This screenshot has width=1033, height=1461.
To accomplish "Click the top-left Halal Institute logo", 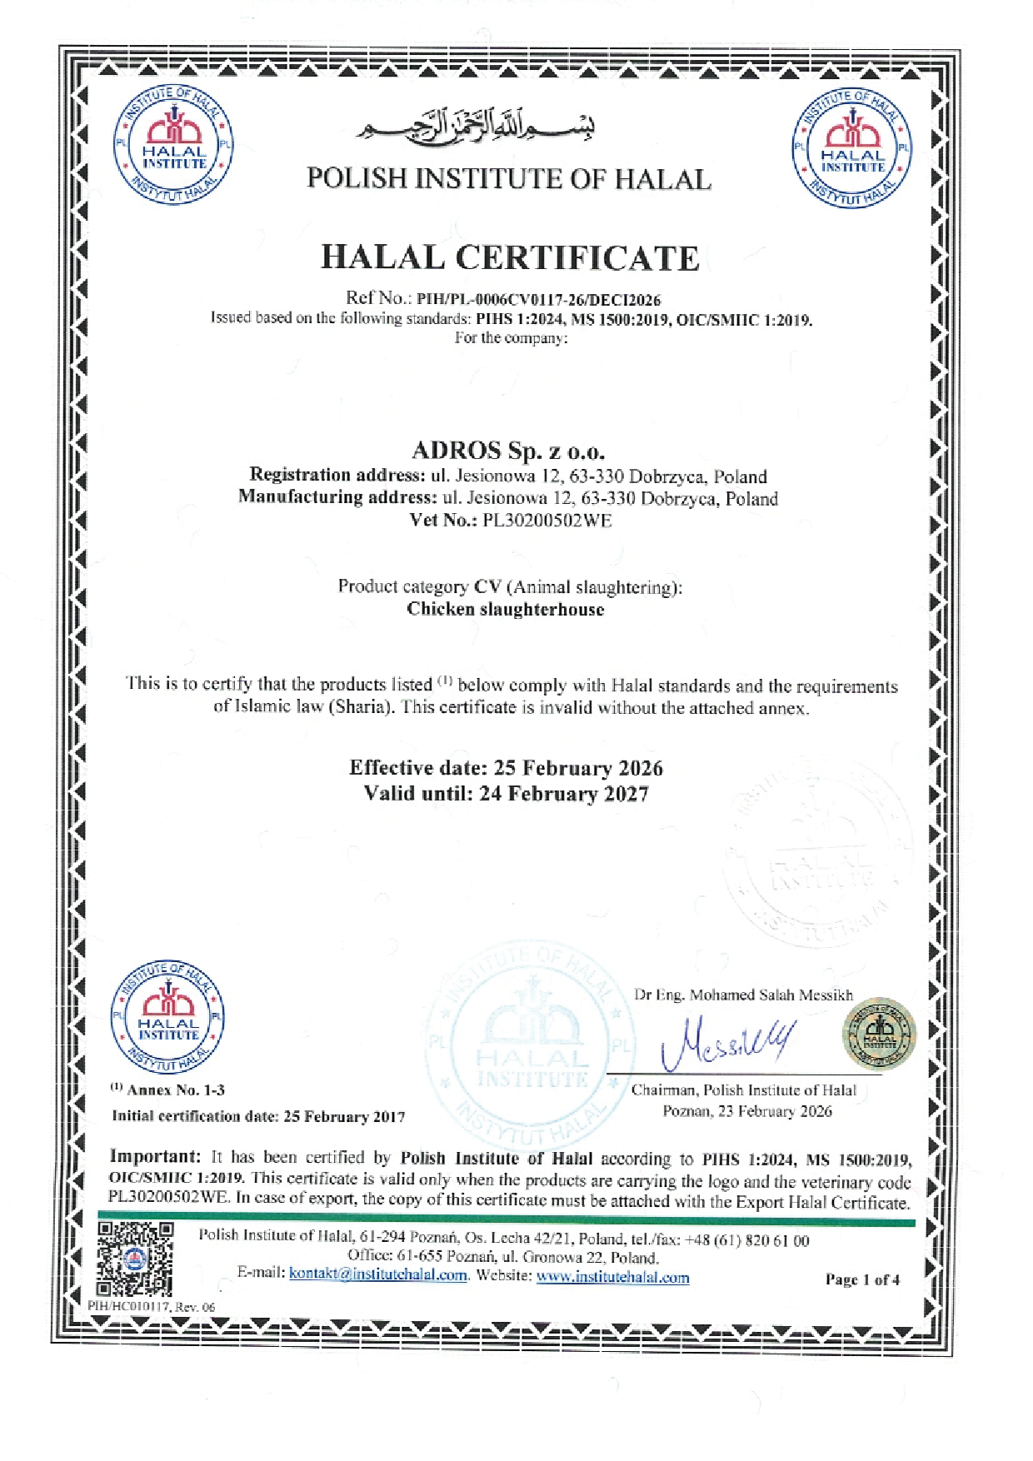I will click(173, 145).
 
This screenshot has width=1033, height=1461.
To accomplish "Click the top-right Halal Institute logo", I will click(852, 148).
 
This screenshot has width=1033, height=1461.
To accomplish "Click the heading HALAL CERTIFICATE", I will click(510, 257).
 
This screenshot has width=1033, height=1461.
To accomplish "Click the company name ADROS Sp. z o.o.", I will click(508, 451).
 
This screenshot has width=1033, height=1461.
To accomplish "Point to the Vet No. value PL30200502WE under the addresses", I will click(547, 521).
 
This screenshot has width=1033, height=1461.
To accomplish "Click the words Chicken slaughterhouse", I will click(506, 609).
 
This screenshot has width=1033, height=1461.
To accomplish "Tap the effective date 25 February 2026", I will click(578, 767).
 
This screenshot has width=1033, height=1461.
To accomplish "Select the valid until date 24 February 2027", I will click(564, 793).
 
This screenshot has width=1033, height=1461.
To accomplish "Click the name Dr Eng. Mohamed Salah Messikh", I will click(743, 995).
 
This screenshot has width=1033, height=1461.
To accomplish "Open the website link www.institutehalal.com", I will click(612, 1277).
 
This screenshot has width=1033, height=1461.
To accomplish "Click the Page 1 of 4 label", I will click(862, 1279).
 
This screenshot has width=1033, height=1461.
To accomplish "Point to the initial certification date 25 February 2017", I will click(344, 1116).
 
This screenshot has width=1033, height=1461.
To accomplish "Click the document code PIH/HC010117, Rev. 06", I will click(152, 1307).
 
